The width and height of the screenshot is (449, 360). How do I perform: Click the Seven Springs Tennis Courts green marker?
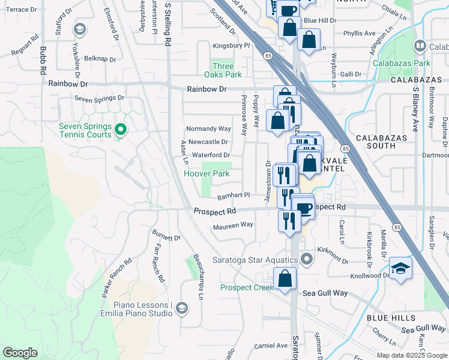pos(120,129)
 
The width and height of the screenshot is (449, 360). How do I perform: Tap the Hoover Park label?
pos(206,174)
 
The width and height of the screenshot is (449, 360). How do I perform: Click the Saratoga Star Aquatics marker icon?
pos(307,260)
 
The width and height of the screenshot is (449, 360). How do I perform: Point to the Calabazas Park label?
pos(402,62)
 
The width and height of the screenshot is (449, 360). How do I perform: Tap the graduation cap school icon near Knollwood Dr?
pos(400,268)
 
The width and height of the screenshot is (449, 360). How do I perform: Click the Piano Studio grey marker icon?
pos(182,308)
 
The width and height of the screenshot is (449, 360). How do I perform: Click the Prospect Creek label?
pos(247,287)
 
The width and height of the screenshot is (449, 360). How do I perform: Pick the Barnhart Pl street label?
pos(233,196)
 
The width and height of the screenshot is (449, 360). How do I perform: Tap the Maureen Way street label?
pos(233,226)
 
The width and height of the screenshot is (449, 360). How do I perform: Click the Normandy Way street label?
pos(208,129)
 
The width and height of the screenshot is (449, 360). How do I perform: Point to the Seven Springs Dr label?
pos(99,98)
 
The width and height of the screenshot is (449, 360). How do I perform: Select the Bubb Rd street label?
pos(43,60)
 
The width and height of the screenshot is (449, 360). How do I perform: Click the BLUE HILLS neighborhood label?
pos(391,317)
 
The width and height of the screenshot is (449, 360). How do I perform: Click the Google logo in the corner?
pos(20,353)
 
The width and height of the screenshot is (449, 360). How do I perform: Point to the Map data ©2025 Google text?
pos(411,355)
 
